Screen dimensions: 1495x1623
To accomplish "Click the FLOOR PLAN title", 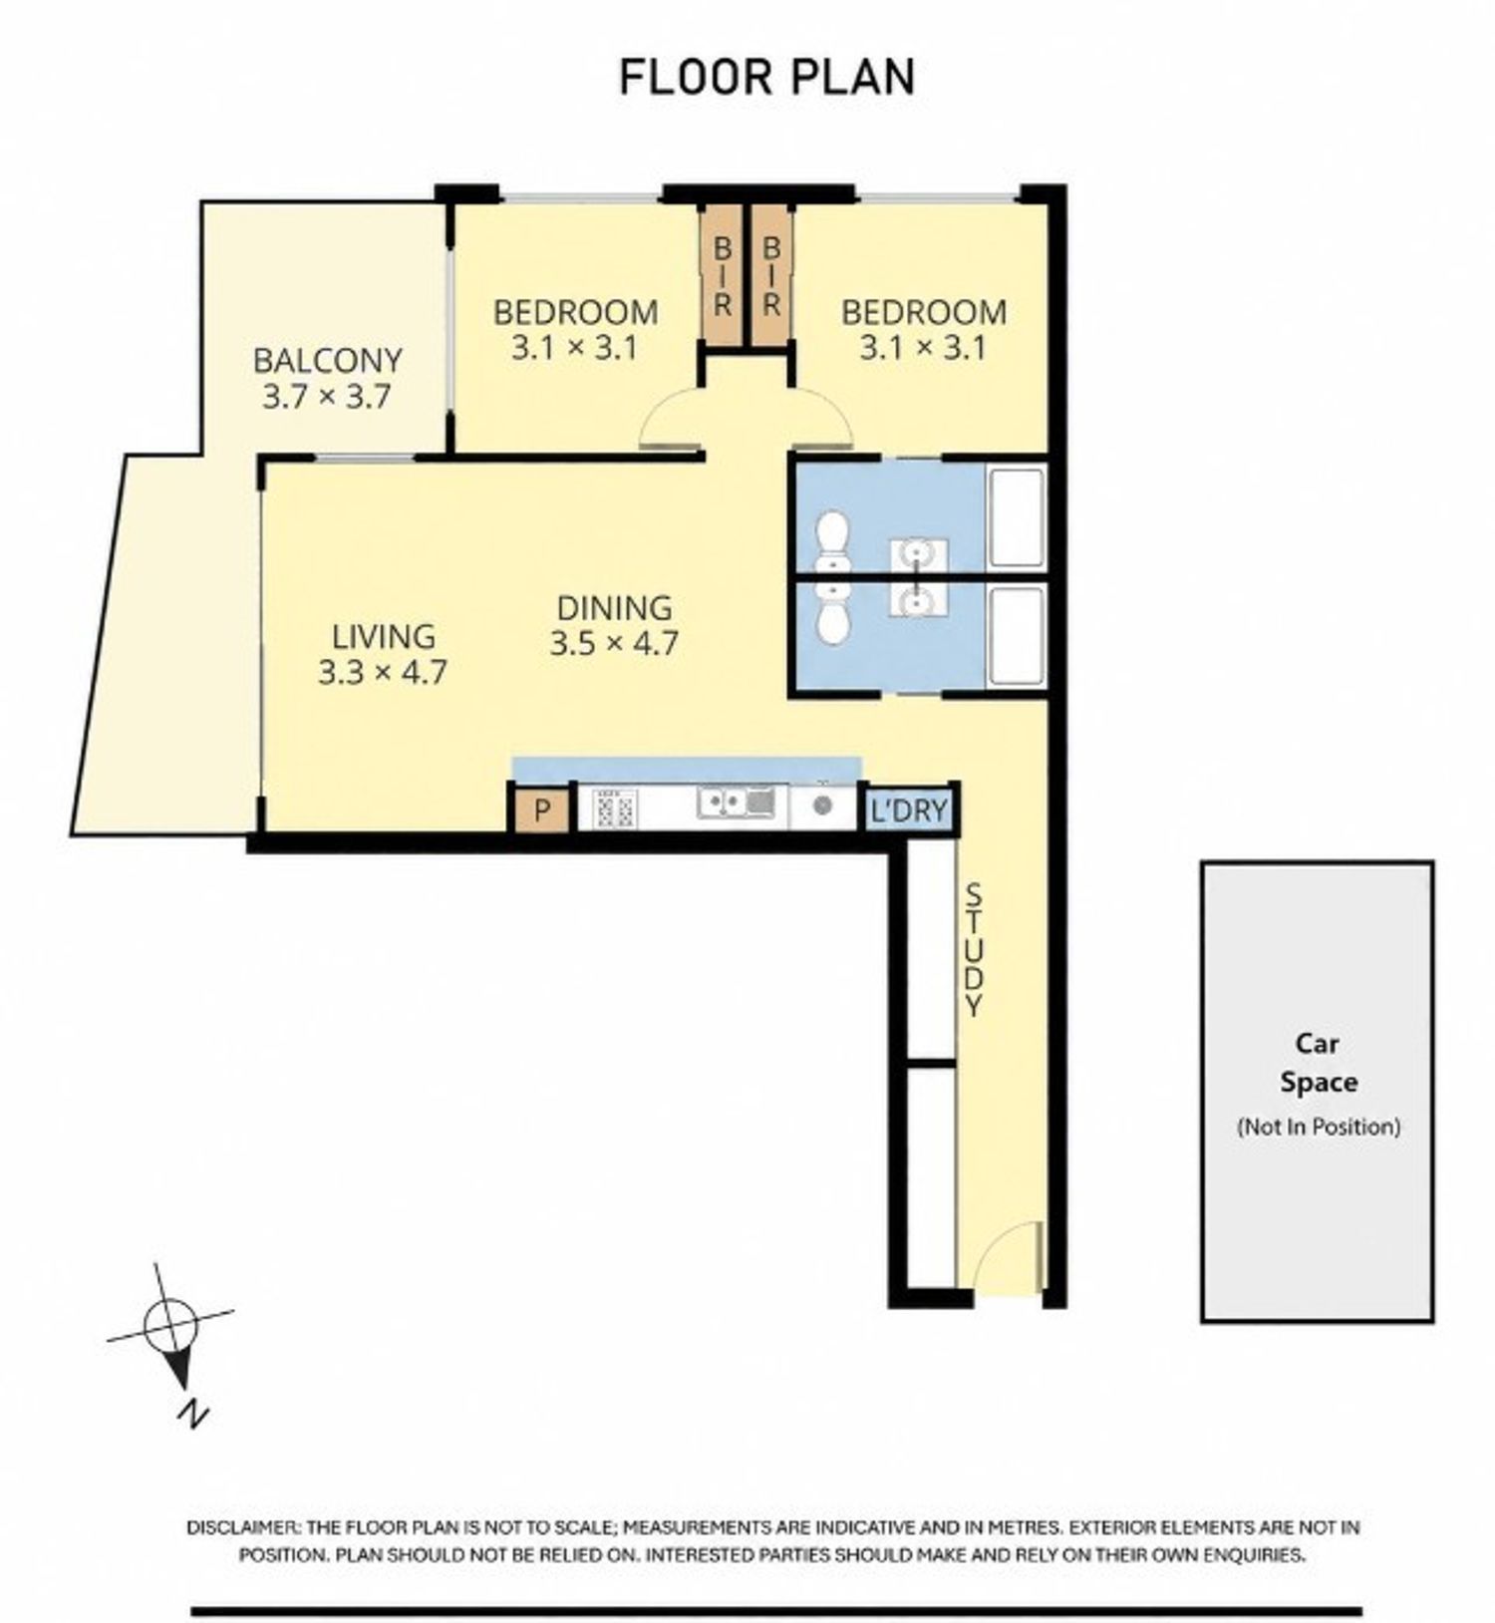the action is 766,78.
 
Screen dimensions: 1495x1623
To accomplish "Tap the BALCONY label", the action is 327,359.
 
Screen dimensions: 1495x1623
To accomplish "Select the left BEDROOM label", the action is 575,312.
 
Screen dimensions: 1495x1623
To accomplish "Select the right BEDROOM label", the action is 924,312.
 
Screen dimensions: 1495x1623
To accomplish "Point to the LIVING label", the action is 383,636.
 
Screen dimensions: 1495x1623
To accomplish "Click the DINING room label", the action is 614,607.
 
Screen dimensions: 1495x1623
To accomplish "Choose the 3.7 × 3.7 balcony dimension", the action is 326,397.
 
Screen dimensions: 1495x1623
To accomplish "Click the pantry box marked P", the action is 541,810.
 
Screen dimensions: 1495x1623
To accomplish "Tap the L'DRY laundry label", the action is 909,811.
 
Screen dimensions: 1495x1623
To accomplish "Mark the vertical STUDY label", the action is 974,949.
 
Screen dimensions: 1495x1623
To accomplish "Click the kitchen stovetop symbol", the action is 614,808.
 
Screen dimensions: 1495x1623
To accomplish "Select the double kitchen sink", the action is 736,803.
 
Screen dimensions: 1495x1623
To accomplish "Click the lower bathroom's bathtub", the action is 1017,636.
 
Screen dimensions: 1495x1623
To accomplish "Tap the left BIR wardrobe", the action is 723,276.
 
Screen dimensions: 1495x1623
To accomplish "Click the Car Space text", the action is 1318,1063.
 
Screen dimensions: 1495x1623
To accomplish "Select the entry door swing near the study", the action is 1010,1256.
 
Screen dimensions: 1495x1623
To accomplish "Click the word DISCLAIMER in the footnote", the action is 242,1527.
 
